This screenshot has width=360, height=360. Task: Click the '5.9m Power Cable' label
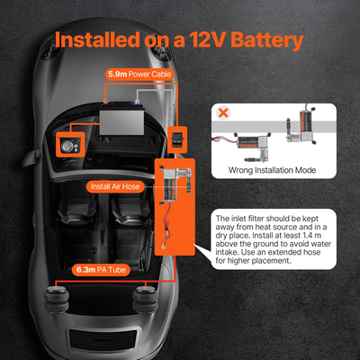point(139,74)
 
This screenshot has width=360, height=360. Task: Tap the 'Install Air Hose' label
point(115,186)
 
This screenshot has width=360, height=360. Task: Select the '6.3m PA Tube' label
point(101,270)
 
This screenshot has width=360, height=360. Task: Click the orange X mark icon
point(223,112)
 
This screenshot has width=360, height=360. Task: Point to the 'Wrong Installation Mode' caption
point(272,170)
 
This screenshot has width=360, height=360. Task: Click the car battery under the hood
point(122,120)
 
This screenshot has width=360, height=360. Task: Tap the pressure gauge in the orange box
point(66,146)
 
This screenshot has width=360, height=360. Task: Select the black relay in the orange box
point(177,139)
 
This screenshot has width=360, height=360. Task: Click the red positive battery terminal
point(105,102)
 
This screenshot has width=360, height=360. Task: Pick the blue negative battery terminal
point(137,102)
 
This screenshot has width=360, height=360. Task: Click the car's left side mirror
point(30,158)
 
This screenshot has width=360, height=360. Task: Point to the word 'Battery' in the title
point(267,40)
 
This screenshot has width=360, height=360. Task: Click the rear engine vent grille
point(103,340)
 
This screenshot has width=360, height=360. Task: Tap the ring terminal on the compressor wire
point(164,247)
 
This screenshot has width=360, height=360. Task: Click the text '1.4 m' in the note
point(310,236)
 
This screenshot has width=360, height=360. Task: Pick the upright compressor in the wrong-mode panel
point(302,126)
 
